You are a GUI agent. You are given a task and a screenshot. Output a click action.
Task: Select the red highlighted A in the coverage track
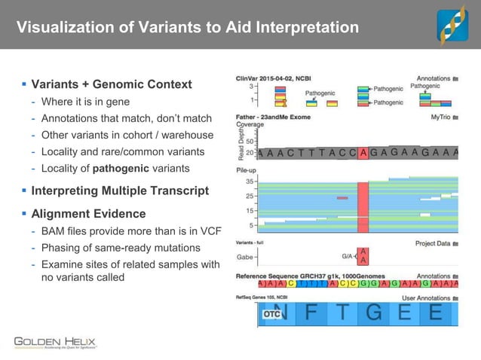[x=363, y=153]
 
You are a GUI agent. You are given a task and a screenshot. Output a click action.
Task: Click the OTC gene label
[x=271, y=314]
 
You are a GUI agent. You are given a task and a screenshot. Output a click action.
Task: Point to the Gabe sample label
[x=245, y=256]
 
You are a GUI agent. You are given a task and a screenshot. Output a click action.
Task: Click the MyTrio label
[x=445, y=117]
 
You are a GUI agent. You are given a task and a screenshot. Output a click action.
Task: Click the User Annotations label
[x=433, y=298]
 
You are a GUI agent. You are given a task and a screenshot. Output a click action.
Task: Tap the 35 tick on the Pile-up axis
[x=250, y=182]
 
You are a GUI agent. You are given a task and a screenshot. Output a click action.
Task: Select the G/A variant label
[x=349, y=256]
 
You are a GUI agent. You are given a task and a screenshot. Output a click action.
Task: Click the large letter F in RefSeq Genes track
[x=311, y=313]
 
